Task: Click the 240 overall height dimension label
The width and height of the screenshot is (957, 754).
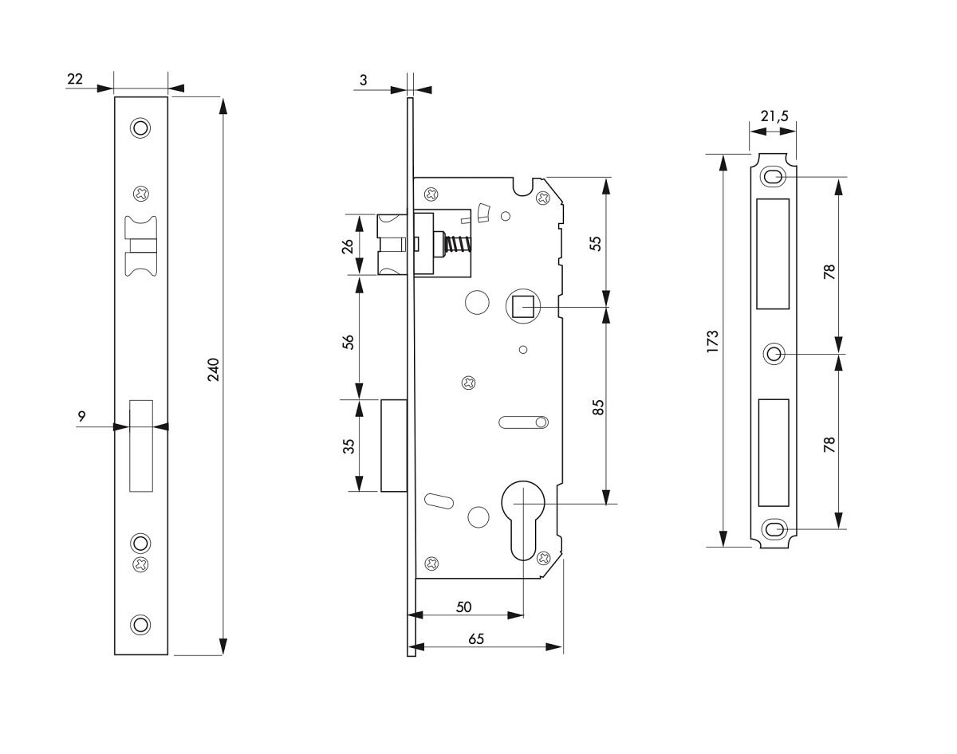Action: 214,370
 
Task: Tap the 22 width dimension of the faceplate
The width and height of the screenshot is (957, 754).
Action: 75,79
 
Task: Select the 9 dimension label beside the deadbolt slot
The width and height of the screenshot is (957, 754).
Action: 81,417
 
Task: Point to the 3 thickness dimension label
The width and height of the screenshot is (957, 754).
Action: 364,80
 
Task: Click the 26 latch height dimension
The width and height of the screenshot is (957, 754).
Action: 348,245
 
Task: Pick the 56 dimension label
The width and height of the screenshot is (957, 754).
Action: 349,342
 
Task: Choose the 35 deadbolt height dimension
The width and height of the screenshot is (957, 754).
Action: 349,446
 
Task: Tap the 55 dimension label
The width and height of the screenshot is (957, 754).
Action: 596,243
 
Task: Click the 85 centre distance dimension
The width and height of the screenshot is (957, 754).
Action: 599,407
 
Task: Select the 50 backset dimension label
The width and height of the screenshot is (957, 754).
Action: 463,607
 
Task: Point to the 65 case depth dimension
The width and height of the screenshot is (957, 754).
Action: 476,639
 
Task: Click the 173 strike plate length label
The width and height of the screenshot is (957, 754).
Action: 712,341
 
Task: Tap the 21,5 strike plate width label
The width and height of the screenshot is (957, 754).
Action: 774,116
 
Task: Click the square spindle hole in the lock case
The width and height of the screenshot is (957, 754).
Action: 523,306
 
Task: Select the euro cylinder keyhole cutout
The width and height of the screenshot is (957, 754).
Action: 523,520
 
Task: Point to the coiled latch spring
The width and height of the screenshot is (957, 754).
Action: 458,245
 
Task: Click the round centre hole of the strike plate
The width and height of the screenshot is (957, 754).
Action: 774,355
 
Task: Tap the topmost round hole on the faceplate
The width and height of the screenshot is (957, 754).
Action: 140,128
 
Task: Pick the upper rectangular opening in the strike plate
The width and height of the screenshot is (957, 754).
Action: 773,253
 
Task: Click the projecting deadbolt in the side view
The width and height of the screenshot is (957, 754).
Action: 394,446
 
